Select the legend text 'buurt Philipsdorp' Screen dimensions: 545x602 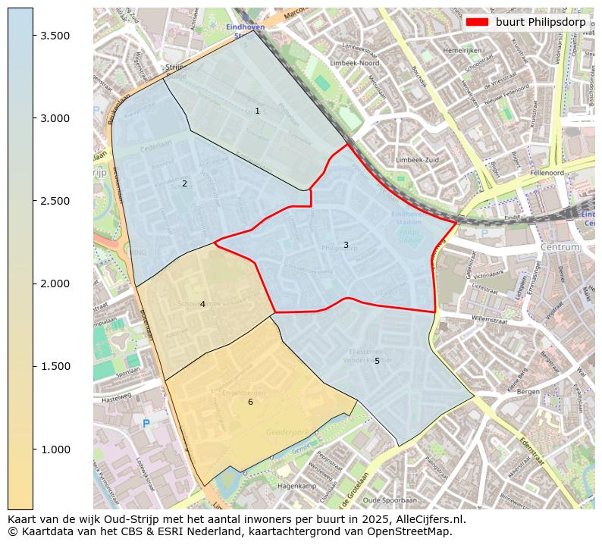pyautogui.click(x=541, y=22)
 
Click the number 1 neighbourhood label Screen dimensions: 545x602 pyautogui.click(x=257, y=111)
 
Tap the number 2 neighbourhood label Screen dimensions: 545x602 pyautogui.click(x=184, y=184)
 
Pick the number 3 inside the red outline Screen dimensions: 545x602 pyautogui.click(x=346, y=245)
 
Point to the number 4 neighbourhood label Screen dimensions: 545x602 pyautogui.click(x=202, y=305)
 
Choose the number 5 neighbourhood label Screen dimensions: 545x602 pyautogui.click(x=377, y=361)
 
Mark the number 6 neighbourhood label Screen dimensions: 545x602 pyautogui.click(x=250, y=402)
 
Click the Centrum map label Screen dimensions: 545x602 pyautogui.click(x=560, y=247)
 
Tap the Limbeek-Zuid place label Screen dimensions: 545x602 pyautogui.click(x=416, y=161)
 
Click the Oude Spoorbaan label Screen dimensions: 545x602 pyautogui.click(x=390, y=500)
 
